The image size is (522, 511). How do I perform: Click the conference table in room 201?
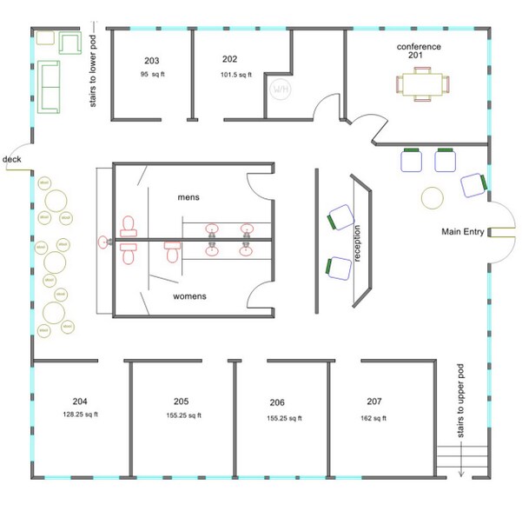pos(425,84)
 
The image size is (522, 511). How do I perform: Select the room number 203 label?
pos(152,61)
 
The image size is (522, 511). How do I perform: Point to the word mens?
pos(189,197)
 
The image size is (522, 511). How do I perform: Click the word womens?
pos(189,296)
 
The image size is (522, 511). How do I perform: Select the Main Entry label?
pos(462,231)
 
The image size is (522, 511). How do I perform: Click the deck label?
pos(12,159)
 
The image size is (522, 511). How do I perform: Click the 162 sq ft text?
pos(374,418)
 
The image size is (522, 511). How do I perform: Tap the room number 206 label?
pos(277,403)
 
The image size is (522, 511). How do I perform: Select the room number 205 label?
pos(182,401)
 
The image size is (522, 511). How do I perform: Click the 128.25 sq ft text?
pos(80,414)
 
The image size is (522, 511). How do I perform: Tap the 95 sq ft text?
pos(152,75)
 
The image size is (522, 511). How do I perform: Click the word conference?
pos(419,46)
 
